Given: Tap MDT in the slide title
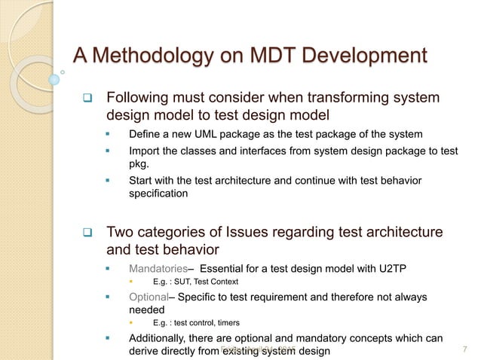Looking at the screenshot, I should tap(268, 56).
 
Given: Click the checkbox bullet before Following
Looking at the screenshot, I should tap(87, 99).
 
